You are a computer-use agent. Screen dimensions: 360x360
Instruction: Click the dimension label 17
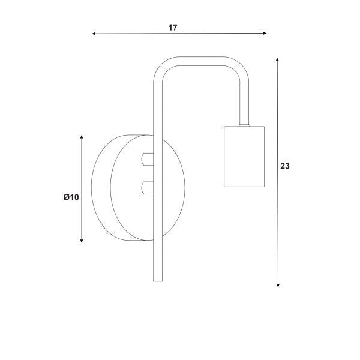173,28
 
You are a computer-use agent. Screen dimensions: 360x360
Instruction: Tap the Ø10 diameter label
71,197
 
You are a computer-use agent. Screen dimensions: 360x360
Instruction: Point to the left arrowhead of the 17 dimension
94,34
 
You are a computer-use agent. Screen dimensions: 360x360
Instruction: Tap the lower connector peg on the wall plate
146,188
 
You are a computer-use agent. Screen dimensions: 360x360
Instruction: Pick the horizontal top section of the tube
201,59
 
